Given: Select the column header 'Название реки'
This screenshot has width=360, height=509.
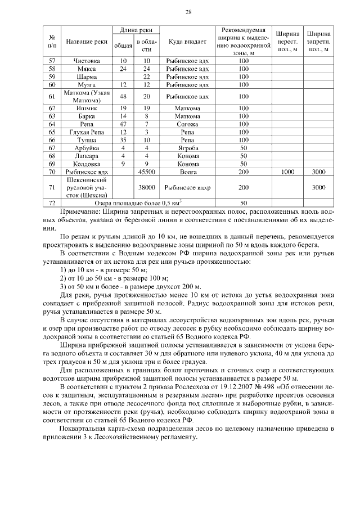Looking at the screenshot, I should click(86, 41).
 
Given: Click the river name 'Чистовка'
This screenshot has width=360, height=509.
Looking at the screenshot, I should click(86, 60).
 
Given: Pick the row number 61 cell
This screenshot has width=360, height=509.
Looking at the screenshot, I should click(52, 96).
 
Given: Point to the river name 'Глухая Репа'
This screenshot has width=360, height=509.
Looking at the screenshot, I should click(86, 132).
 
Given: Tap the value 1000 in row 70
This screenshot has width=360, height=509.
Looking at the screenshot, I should click(287, 171).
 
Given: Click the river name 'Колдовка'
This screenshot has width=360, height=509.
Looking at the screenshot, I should click(86, 163).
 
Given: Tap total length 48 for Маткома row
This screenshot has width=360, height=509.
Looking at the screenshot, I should click(123, 96).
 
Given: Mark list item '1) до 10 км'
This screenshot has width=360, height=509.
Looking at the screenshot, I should click(78, 271).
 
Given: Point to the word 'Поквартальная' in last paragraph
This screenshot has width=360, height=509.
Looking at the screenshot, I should click(84, 429).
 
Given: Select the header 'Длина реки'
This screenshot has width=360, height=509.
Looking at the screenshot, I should click(135, 29).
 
